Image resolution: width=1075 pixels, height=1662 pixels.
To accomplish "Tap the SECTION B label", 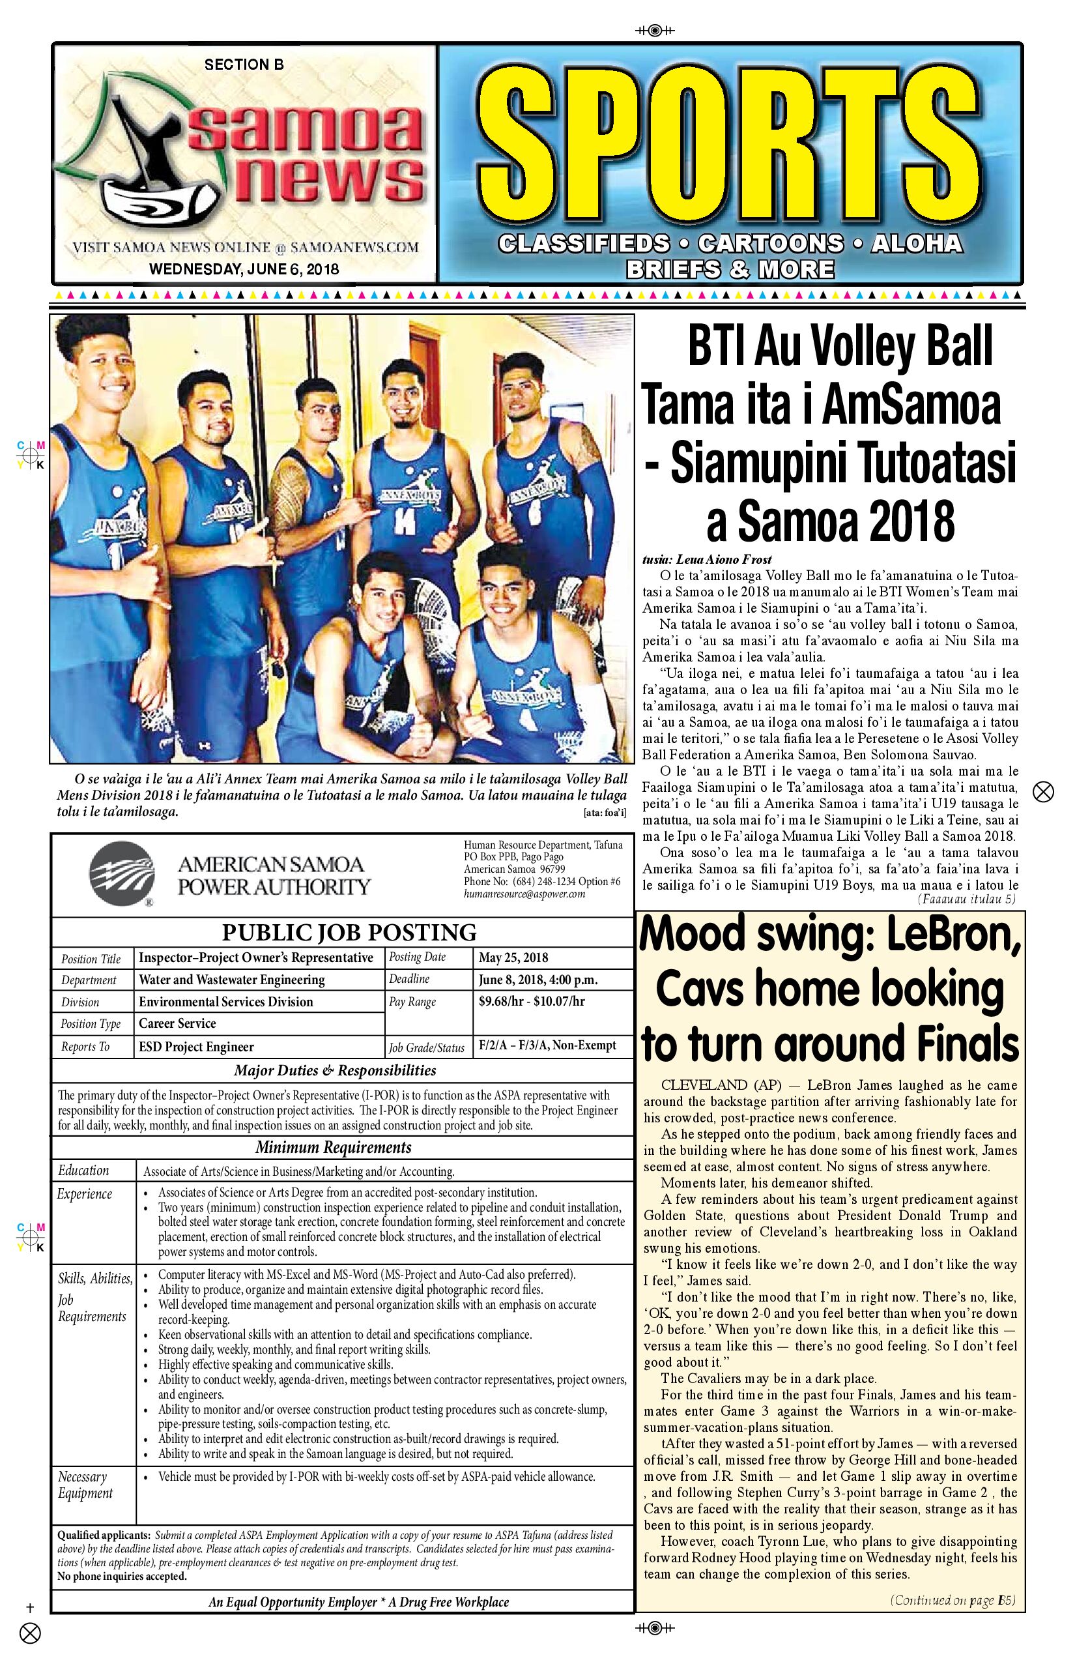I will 244,65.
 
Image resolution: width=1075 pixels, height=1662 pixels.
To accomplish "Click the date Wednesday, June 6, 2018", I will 244,269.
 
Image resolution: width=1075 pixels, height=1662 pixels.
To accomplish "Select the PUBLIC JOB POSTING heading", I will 349,932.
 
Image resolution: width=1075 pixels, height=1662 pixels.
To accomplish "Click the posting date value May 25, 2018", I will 513,957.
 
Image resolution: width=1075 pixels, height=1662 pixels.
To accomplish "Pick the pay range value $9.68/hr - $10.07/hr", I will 531,1001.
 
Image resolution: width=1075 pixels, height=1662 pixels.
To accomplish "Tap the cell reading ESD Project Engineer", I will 196,1046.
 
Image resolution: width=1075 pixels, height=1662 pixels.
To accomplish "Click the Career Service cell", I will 177,1024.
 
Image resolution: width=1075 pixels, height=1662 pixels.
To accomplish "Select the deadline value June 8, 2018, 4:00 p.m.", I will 537,980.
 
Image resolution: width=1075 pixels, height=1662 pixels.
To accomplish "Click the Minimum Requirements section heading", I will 333,1146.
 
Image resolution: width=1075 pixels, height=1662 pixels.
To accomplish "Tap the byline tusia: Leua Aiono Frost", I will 706,559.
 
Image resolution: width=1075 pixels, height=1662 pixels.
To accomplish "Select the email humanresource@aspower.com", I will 524,894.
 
